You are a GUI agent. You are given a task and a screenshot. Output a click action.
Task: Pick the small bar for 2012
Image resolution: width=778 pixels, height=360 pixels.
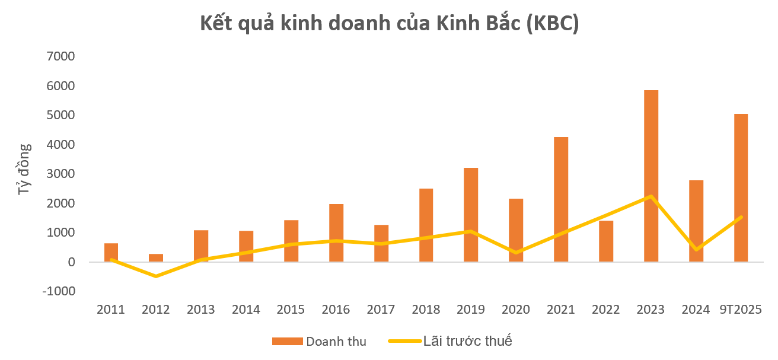click(x=156, y=258)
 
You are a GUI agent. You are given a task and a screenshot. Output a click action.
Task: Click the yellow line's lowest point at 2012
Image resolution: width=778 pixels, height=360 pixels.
click(x=156, y=276)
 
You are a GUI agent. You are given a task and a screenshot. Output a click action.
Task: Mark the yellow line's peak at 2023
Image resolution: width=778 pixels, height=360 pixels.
click(x=651, y=196)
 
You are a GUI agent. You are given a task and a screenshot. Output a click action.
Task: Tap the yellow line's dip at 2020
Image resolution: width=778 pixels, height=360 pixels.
click(x=516, y=253)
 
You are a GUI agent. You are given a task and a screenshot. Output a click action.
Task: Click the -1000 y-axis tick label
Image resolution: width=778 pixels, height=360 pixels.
click(x=58, y=291)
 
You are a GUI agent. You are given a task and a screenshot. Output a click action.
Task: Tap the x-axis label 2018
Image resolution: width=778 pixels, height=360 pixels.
click(x=426, y=310)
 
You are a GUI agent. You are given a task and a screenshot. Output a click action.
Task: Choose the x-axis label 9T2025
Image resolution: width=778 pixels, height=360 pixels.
click(x=741, y=310)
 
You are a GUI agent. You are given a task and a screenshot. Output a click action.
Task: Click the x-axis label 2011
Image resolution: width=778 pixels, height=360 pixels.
click(x=111, y=310)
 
